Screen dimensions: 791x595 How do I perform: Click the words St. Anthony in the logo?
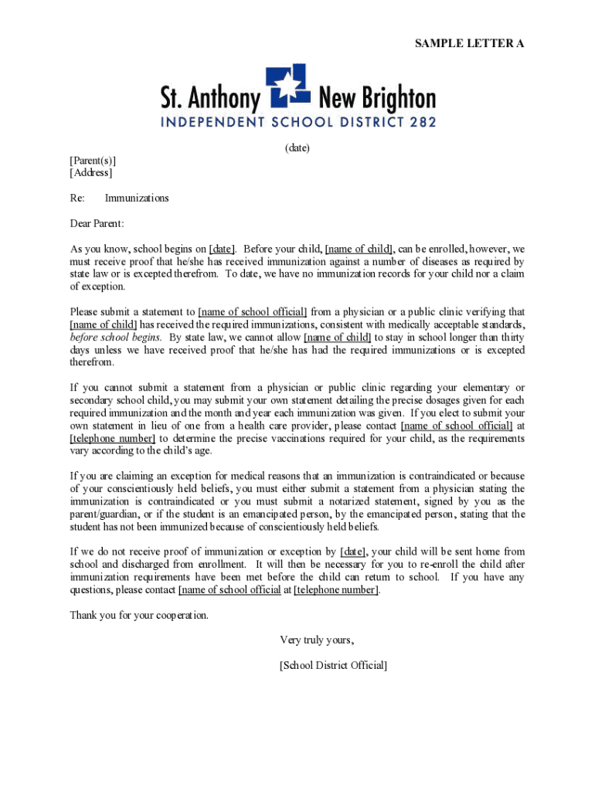click(x=209, y=99)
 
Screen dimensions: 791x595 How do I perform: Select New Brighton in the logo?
click(x=377, y=99)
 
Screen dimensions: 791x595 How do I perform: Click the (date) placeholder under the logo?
click(x=297, y=148)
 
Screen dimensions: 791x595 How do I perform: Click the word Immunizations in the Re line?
click(x=137, y=199)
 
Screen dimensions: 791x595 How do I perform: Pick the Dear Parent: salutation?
click(x=97, y=224)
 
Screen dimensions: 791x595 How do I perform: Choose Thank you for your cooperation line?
click(x=139, y=616)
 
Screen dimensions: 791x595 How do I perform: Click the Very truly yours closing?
click(x=317, y=640)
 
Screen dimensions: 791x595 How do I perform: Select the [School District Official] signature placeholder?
click(x=333, y=665)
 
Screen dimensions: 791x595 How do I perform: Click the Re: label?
click(x=77, y=199)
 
